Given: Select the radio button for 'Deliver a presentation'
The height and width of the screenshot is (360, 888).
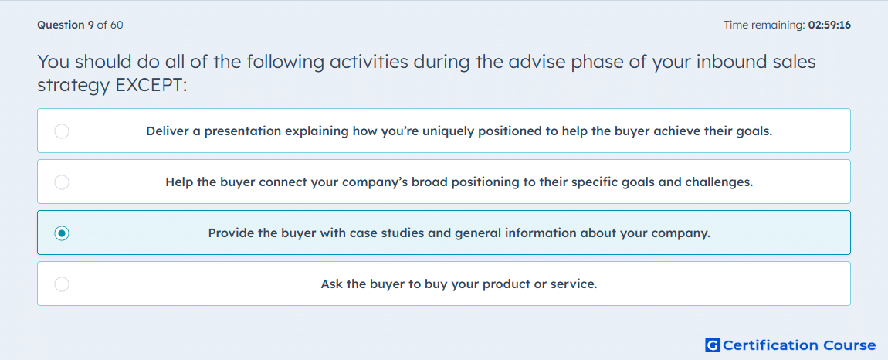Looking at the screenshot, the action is coord(62,131).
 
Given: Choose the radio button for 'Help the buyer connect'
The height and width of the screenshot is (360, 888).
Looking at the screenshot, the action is coord(62,182).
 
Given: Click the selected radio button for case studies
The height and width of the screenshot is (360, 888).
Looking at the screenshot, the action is coord(62,233).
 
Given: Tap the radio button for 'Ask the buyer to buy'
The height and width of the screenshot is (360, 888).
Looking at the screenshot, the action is coord(62,284).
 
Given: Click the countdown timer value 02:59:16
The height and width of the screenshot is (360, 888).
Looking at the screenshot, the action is coord(829,25).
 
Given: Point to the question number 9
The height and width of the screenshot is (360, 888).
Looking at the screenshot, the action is coord(90,25).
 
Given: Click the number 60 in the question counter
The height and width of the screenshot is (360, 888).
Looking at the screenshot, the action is coord(117,25).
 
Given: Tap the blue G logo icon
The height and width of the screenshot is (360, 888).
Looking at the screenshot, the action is coord(713,345).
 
